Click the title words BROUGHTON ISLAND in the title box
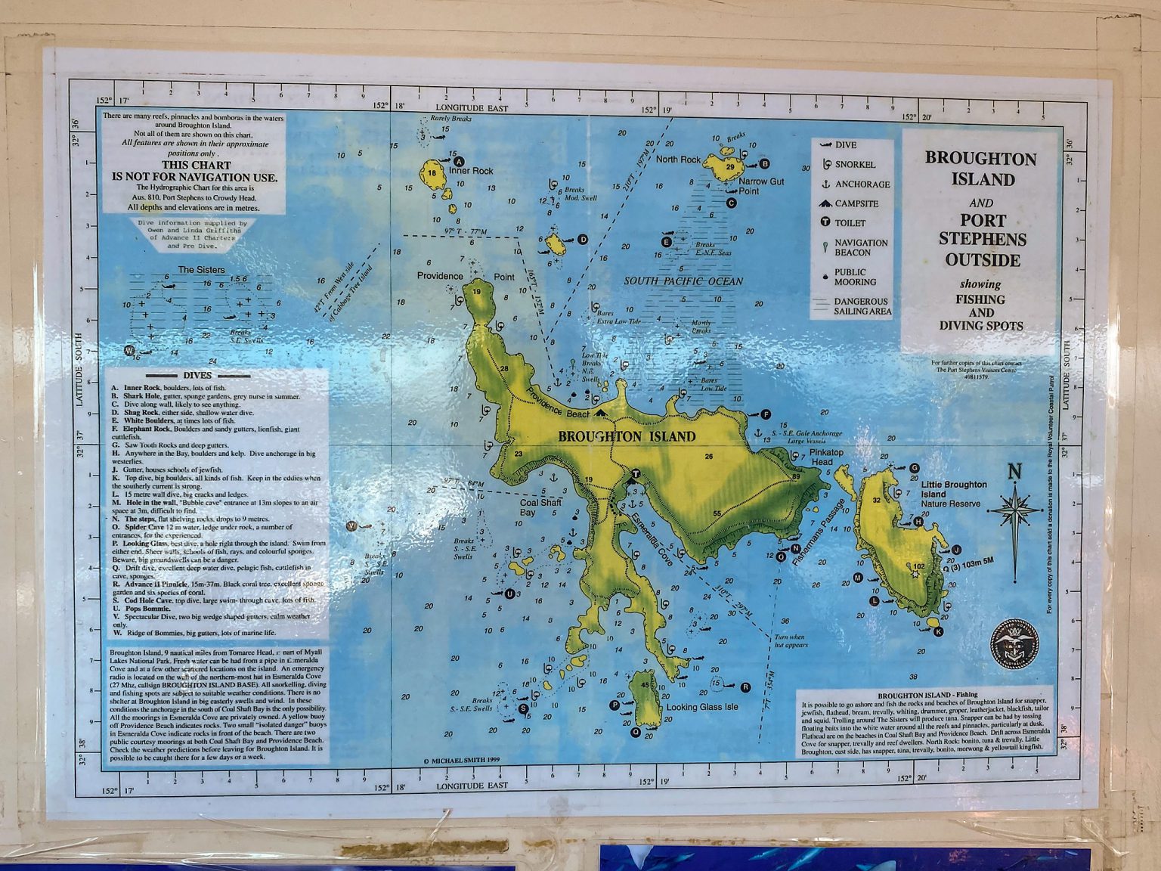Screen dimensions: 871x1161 point(980,169)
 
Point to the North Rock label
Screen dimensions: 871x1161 point(678,160)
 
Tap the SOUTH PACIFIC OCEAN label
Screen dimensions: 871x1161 point(683,281)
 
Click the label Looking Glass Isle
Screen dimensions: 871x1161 point(701,707)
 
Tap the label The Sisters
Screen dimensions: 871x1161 point(201,270)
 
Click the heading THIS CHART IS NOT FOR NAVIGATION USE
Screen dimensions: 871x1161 point(195,171)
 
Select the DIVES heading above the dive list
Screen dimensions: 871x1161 point(197,375)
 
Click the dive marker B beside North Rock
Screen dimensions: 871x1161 point(764,163)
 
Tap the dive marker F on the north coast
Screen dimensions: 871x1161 point(766,414)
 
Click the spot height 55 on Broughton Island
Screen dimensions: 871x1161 point(716,514)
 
